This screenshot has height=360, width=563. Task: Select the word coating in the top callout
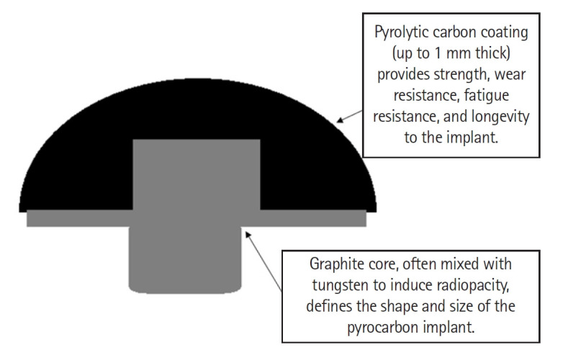(x=507, y=32)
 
